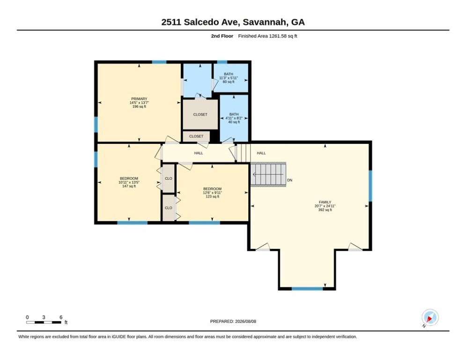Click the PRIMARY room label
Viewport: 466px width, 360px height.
pos(139,99)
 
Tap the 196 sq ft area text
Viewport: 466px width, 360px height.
pos(139,106)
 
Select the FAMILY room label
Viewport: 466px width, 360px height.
pos(325,202)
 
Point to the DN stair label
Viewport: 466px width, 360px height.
pos(290,180)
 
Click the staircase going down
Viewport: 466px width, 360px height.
pos(268,174)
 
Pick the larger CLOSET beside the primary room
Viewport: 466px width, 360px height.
pos(200,114)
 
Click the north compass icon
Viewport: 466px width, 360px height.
pos(430,318)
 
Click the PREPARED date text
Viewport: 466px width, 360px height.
pos(233,321)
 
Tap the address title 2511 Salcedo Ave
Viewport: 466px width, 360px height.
pos(233,22)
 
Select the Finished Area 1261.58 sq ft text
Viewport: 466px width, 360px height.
pos(267,36)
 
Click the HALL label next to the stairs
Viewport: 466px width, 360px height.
pos(261,153)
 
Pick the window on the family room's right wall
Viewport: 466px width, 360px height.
pos(370,186)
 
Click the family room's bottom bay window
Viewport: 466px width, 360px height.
pos(307,289)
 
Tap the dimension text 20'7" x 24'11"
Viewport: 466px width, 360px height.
pos(325,206)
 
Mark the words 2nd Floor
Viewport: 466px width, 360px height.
pos(222,36)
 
